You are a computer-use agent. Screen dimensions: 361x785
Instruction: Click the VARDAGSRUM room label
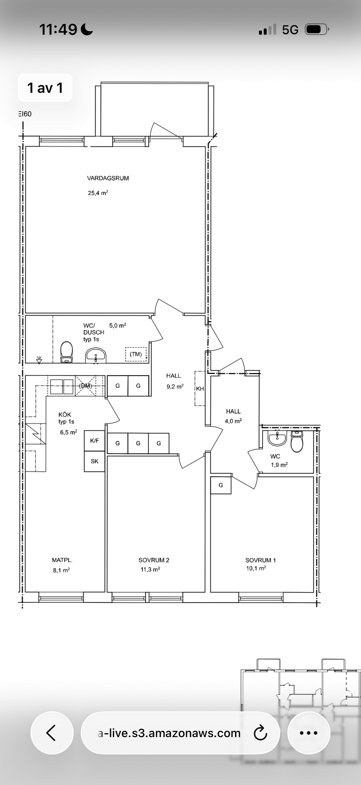click(108, 178)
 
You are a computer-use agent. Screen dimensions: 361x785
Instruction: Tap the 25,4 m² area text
click(98, 193)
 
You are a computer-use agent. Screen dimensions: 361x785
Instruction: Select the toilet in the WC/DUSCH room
click(66, 352)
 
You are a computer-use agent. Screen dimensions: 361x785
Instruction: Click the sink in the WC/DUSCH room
click(96, 355)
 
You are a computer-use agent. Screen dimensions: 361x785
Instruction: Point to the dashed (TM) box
click(136, 354)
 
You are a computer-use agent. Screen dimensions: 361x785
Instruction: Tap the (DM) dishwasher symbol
click(86, 386)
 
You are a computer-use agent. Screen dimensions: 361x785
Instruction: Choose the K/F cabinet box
click(94, 440)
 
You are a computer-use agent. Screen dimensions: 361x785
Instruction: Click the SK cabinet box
click(94, 461)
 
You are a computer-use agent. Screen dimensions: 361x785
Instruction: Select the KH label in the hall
click(200, 389)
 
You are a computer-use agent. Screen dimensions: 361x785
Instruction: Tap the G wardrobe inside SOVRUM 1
click(221, 485)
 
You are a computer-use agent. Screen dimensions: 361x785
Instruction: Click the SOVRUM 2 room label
click(154, 560)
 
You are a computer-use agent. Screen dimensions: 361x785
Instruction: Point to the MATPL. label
click(62, 560)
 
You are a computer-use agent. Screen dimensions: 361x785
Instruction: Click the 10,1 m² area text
click(256, 568)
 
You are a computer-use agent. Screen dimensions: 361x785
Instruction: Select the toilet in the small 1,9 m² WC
click(297, 442)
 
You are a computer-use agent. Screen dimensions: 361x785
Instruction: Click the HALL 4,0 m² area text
click(233, 421)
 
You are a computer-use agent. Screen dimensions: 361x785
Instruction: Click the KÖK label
click(65, 415)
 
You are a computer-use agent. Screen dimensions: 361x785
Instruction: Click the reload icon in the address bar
click(261, 733)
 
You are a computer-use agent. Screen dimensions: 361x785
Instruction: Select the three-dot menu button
click(308, 733)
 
